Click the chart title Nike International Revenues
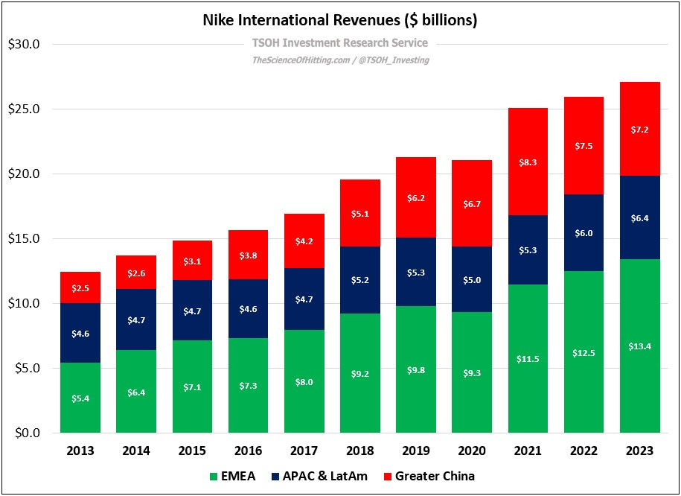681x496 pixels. click(x=339, y=20)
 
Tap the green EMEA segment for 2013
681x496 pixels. click(x=80, y=397)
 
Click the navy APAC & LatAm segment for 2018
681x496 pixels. click(x=360, y=280)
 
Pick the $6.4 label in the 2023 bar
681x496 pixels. click(x=640, y=218)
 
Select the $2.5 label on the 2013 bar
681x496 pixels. click(x=80, y=288)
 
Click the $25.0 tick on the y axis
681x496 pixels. click(x=24, y=109)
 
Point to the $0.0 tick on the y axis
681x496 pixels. click(x=27, y=433)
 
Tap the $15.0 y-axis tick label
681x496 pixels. click(x=24, y=239)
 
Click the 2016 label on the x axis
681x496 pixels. click(x=249, y=451)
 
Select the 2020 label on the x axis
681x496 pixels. click(x=472, y=451)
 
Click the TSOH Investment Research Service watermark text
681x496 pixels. click(x=340, y=43)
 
